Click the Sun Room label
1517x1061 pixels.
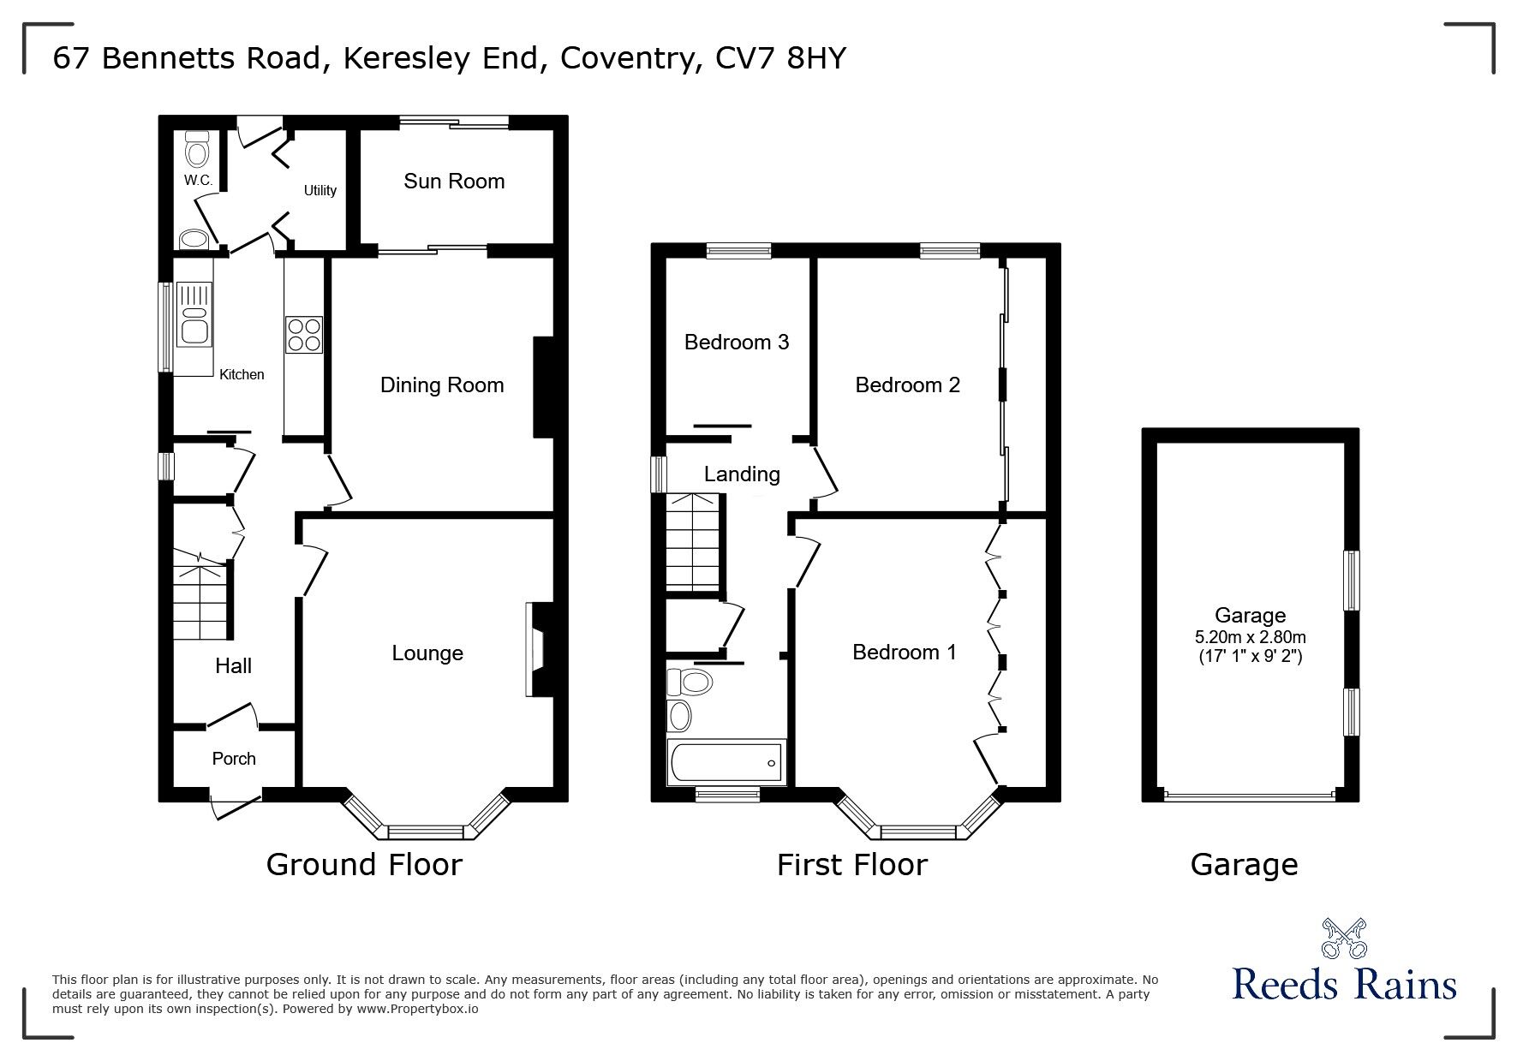[454, 182]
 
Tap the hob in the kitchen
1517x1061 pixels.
[304, 334]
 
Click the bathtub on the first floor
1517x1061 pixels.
[726, 764]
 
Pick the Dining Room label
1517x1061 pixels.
[442, 385]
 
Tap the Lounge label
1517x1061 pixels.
[427, 653]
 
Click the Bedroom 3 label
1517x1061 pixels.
[737, 343]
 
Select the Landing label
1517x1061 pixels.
[742, 474]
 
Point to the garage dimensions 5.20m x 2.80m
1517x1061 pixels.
[1250, 637]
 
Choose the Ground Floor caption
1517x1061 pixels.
[364, 865]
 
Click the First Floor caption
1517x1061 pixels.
[851, 865]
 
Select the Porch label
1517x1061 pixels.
[234, 759]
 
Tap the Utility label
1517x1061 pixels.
[320, 190]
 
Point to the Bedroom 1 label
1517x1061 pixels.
[905, 653]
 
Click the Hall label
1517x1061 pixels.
[233, 666]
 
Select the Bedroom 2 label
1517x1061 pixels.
[908, 385]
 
